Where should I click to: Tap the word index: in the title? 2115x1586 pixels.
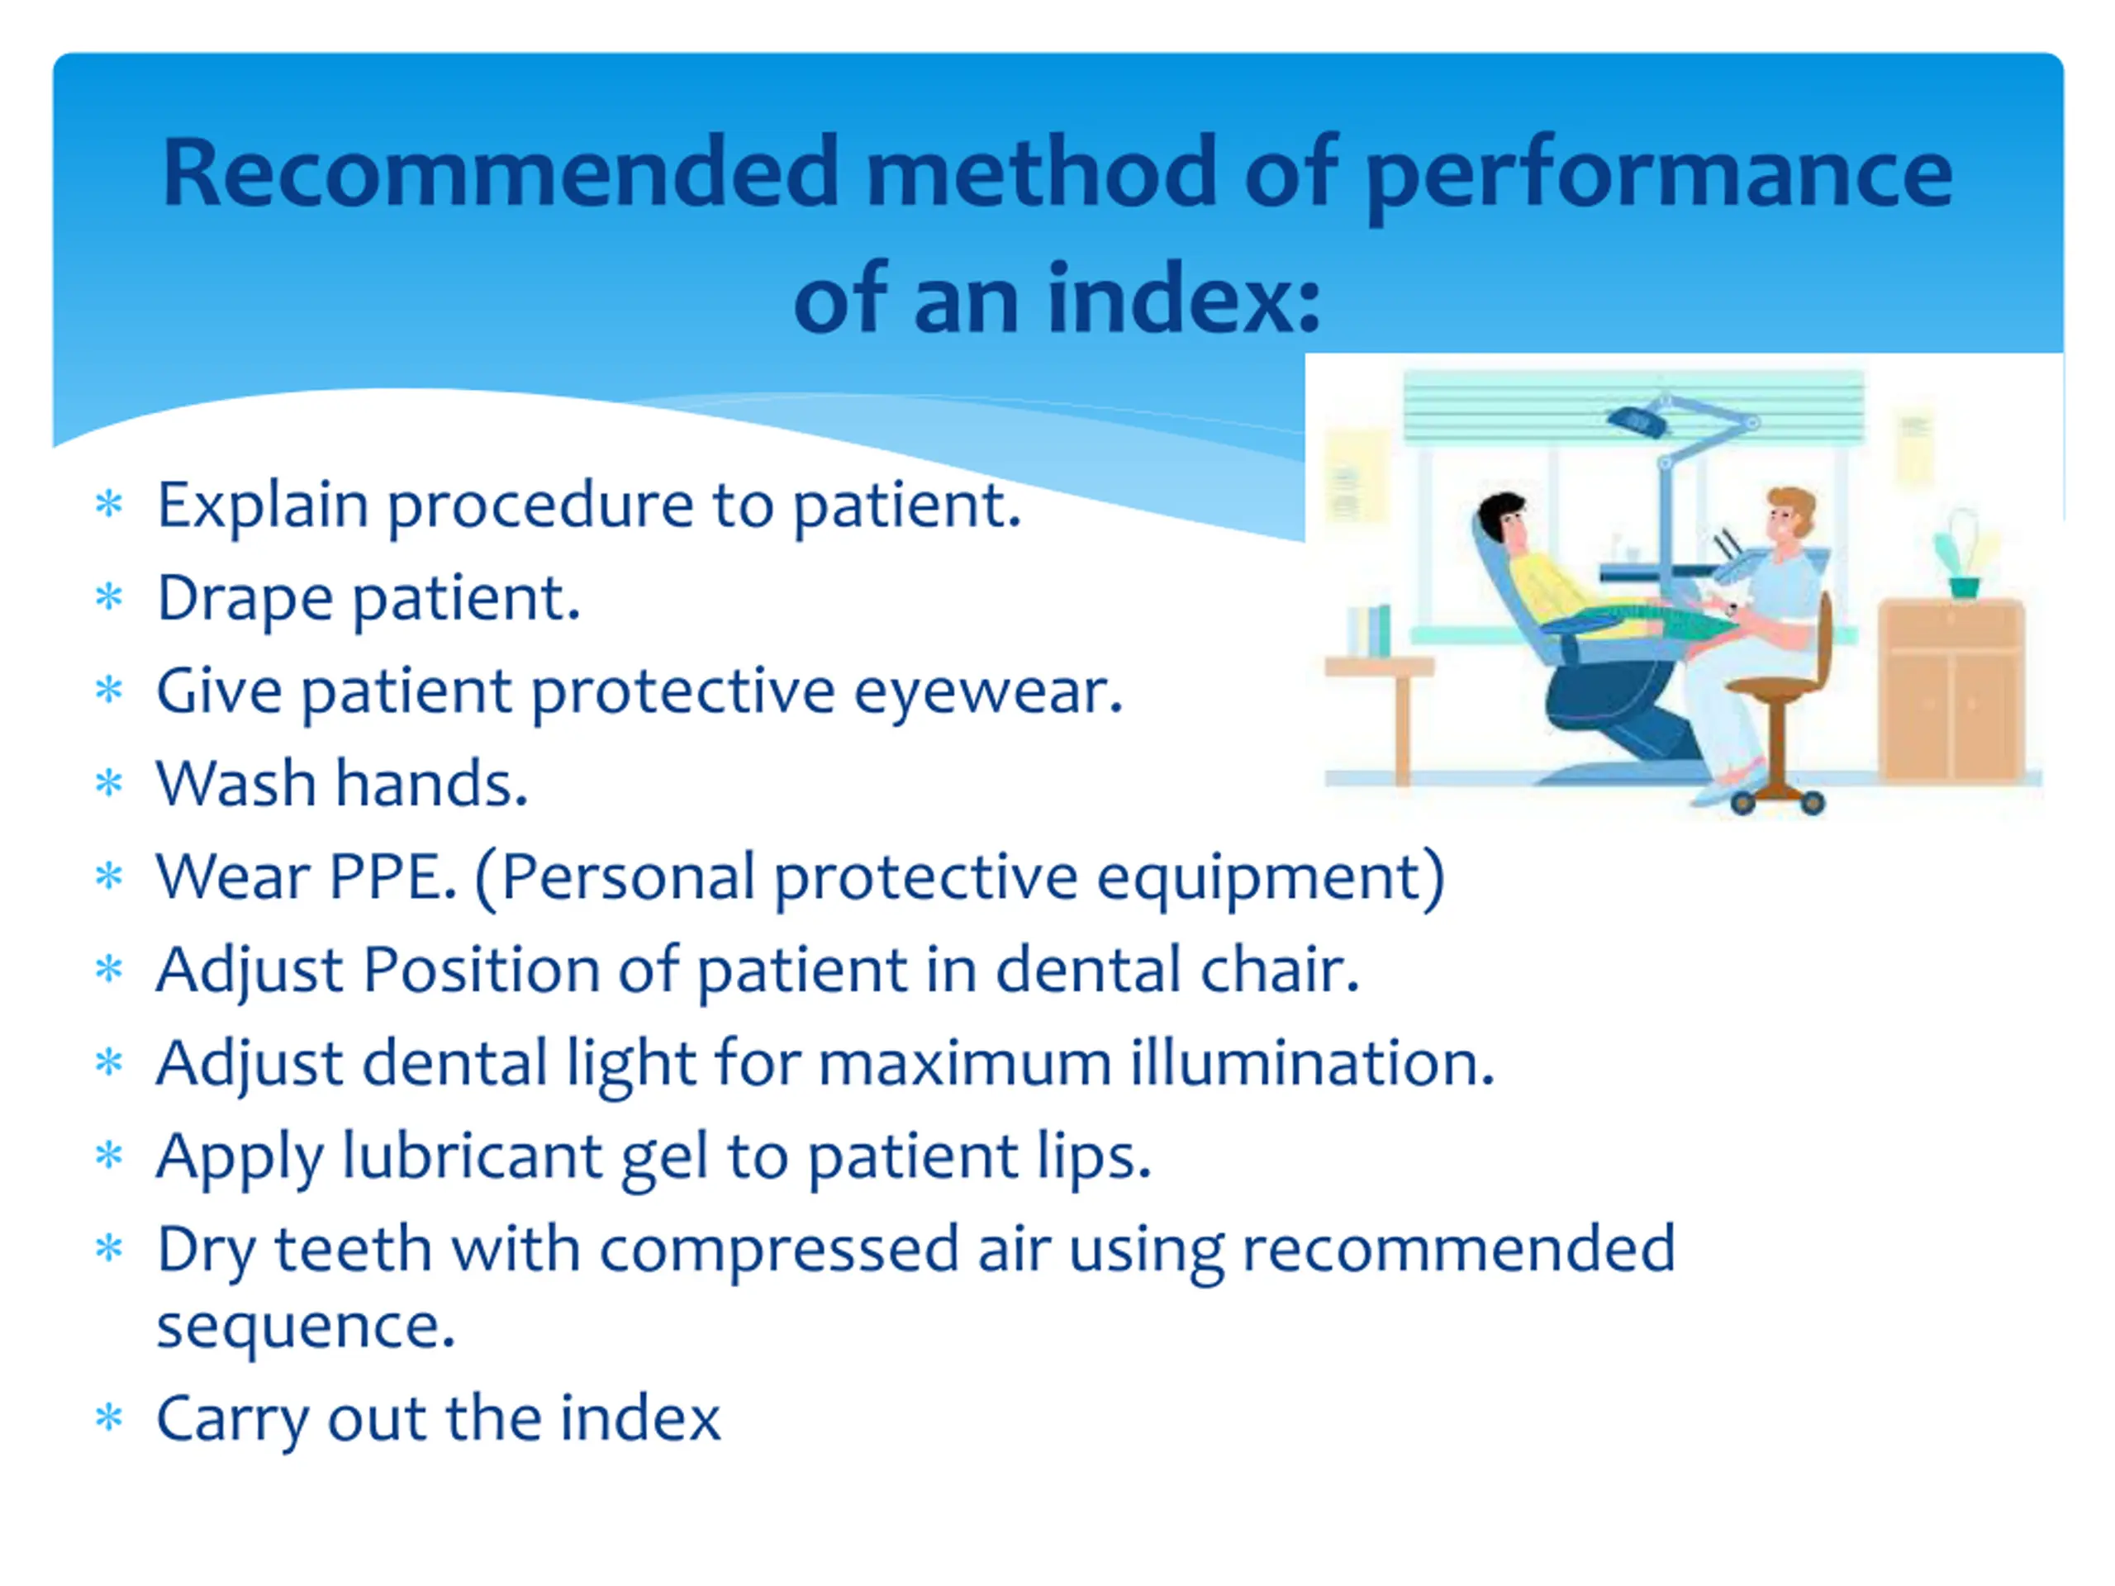[1185, 298]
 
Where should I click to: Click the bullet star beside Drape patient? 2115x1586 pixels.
[110, 596]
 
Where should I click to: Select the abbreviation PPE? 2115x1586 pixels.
[392, 876]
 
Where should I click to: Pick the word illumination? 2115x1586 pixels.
[1312, 1061]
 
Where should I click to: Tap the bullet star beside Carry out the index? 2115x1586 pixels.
[110, 1417]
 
